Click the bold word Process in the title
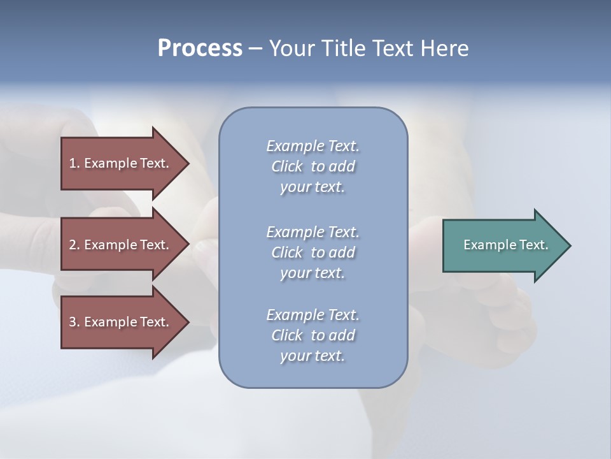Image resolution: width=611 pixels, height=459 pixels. click(x=200, y=48)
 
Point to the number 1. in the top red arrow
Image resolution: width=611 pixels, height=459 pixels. click(x=74, y=163)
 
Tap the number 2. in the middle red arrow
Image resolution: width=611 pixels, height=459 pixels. click(x=74, y=245)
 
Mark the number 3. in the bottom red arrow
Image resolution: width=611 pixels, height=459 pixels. click(x=74, y=322)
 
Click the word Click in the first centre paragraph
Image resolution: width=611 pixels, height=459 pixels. click(x=287, y=166)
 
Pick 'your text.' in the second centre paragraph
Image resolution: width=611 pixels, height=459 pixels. click(x=313, y=273)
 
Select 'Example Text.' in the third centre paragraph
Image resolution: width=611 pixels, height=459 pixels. click(x=313, y=315)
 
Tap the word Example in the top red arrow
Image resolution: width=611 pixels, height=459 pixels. click(x=110, y=163)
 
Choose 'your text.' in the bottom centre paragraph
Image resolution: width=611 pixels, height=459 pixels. click(x=313, y=356)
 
